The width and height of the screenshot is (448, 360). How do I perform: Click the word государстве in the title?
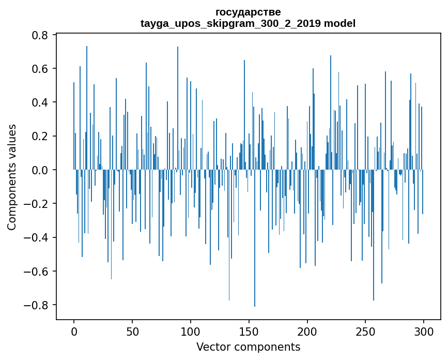[248, 12]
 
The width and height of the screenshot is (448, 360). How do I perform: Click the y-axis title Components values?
[12, 177]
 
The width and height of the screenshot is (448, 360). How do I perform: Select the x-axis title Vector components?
[248, 347]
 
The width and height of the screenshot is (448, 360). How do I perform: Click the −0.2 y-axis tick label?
[37, 204]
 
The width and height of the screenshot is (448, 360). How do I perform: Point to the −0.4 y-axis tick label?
[37, 237]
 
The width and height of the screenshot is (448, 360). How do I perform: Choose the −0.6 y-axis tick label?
[37, 271]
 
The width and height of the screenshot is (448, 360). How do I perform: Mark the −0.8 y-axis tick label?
[37, 305]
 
